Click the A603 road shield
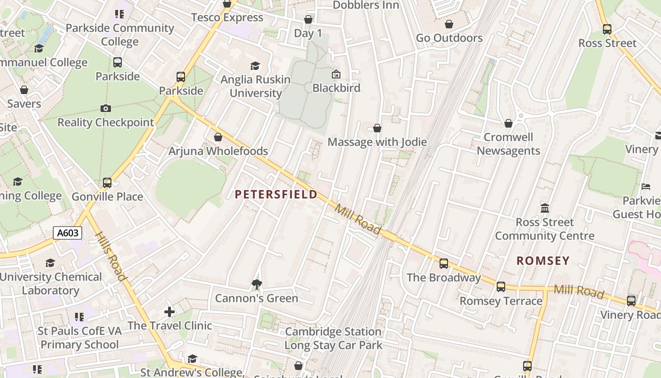point(68,233)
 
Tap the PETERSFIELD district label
point(276,195)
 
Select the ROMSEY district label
point(543,261)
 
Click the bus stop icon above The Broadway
point(444,264)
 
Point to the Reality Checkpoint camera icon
point(106,109)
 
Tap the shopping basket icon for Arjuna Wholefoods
point(218,137)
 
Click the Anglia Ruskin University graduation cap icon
point(255,66)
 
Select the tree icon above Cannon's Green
point(257,284)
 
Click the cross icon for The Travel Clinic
point(169,312)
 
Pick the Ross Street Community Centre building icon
point(545,208)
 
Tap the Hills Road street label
point(111,256)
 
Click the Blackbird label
point(336,88)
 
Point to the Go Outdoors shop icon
point(449,24)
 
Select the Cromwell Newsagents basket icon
point(508,123)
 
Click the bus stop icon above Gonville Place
point(107,182)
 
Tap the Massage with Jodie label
point(377,142)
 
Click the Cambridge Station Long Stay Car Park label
point(333,338)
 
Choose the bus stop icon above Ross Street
point(607,29)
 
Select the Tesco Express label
point(227,18)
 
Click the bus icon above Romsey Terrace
point(501,287)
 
